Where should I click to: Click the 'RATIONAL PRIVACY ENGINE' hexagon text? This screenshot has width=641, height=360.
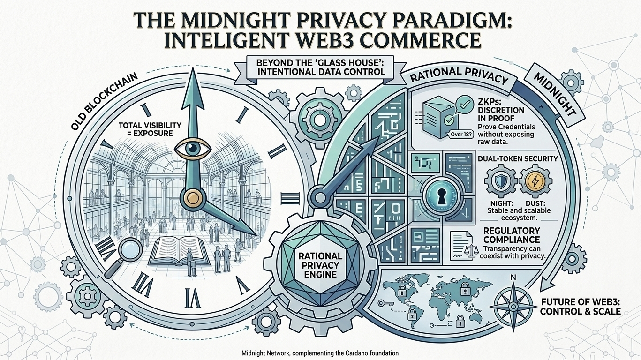click(x=324, y=264)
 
